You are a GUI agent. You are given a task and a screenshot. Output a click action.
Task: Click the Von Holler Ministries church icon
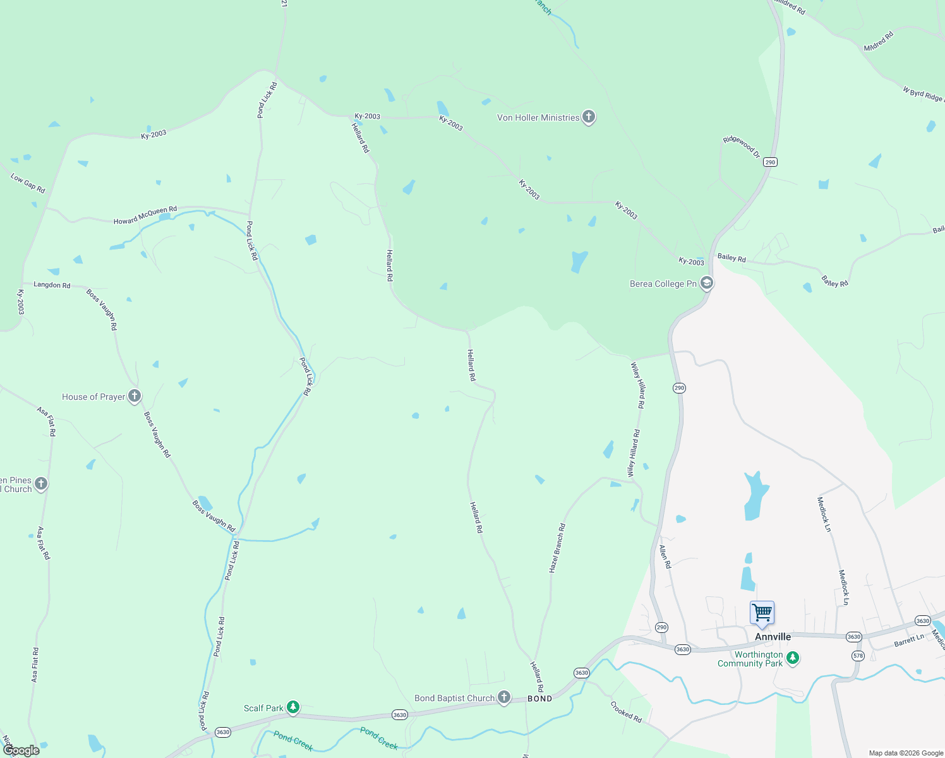(588, 117)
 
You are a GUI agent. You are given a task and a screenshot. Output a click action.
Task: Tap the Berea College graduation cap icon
(707, 283)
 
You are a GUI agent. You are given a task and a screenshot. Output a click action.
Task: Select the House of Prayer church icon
(134, 396)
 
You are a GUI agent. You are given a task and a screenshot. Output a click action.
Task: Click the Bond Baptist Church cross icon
(503, 697)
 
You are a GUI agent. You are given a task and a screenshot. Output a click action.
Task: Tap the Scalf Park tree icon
(292, 707)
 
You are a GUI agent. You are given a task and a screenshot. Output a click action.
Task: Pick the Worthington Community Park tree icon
(793, 658)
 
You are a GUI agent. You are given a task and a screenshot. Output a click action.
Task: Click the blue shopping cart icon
(762, 613)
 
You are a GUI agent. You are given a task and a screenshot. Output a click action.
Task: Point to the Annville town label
(773, 637)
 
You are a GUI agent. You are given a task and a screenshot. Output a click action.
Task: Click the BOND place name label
(539, 699)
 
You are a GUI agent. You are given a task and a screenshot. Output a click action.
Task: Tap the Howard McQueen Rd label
(145, 215)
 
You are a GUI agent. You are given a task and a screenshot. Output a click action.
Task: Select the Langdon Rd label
(52, 285)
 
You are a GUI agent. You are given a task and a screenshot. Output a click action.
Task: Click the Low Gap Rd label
(28, 183)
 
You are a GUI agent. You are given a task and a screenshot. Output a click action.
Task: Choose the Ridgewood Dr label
(742, 147)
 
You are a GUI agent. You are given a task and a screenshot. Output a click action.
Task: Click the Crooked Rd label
(626, 712)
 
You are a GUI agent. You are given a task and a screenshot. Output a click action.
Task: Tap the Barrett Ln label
(909, 641)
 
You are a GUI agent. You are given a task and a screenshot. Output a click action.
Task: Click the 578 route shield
(857, 656)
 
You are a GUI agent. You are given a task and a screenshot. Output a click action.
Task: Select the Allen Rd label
(665, 556)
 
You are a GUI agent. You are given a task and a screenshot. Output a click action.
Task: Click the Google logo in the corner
(21, 750)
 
